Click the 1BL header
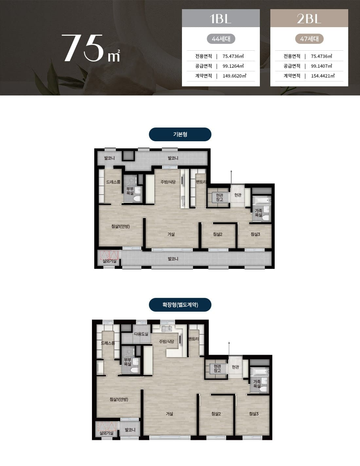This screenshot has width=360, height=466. (221, 18)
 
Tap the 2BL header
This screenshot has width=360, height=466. (309, 18)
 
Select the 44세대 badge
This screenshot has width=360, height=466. (221, 39)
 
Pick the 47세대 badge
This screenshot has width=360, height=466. (309, 39)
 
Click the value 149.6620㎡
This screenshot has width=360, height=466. (234, 76)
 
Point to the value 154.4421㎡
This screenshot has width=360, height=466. (323, 76)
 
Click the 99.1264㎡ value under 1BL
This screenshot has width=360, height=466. (233, 66)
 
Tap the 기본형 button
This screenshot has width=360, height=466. (180, 134)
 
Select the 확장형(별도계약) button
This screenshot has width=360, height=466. (180, 305)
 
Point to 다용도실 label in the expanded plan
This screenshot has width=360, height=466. (141, 334)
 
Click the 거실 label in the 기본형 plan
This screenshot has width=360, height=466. (171, 234)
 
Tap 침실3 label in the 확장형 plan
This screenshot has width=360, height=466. (254, 414)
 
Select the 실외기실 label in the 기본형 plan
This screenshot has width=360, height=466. (109, 261)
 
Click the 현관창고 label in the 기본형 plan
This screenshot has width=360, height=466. (220, 197)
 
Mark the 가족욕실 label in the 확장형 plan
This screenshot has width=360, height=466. (257, 384)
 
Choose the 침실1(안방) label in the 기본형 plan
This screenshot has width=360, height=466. (120, 226)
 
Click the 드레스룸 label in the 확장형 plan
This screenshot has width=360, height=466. (108, 343)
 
